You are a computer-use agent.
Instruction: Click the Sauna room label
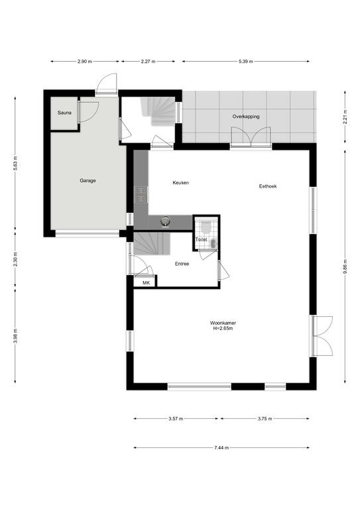tap(64, 113)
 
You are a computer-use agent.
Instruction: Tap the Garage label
tap(88, 180)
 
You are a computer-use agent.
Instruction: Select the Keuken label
tap(180, 183)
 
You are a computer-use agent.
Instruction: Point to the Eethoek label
tap(268, 186)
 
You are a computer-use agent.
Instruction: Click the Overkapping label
tap(246, 117)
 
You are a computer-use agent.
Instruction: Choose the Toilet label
tap(201, 239)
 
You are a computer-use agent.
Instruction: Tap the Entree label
tap(182, 264)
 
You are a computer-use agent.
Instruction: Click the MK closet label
tap(146, 283)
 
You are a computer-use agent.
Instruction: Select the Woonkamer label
tap(223, 323)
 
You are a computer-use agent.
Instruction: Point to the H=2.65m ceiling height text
tap(223, 328)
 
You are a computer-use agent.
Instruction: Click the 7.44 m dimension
tap(221, 447)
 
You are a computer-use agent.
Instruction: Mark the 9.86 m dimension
tap(345, 266)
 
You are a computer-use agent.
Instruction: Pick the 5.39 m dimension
tap(246, 62)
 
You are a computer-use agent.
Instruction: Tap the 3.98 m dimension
tap(15, 335)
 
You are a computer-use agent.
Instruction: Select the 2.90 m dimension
tap(85, 62)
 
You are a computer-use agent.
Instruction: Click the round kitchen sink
tap(165, 221)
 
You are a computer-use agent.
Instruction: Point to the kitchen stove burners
tap(141, 195)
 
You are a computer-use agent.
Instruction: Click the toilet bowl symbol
tap(206, 227)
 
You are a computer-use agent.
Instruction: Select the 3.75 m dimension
tap(265, 419)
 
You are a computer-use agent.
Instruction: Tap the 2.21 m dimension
tap(345, 117)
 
